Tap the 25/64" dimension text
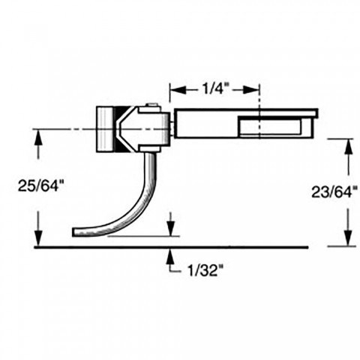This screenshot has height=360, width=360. click(40, 186)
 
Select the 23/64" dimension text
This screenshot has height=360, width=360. click(334, 193)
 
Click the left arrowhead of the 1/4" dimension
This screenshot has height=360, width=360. click(178, 90)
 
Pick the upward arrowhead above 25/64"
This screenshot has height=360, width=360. click(38, 136)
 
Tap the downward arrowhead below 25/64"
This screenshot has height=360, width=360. click(38, 238)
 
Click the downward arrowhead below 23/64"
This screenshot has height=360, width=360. click(349, 238)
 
